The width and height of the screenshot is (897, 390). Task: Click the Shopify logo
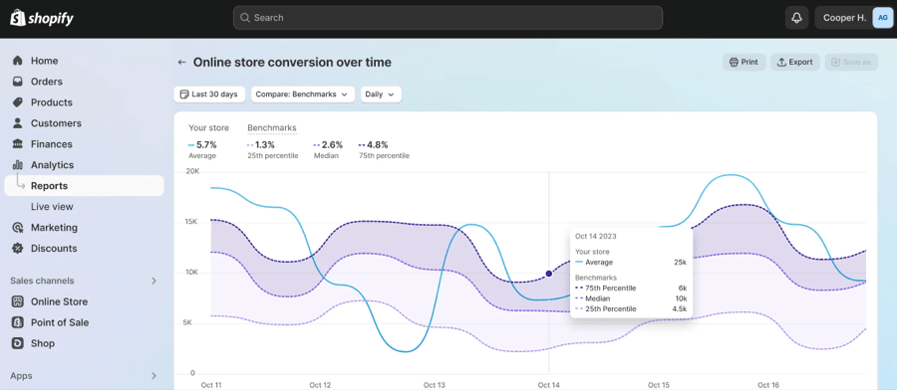[42, 18]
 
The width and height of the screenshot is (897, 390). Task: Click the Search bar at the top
[448, 18]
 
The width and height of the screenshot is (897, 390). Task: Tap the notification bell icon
[796, 18]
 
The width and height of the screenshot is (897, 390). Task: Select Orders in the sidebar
[46, 82]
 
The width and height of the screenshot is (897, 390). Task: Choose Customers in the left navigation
[56, 123]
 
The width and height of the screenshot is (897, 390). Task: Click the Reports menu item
[49, 186]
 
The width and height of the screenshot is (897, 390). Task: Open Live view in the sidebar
[52, 207]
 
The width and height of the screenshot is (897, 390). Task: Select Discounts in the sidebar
[54, 249]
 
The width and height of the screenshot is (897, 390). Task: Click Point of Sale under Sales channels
[60, 322]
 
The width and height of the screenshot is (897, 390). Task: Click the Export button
[794, 62]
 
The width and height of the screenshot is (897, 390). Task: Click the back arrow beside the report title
[181, 62]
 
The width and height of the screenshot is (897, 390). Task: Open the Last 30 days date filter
[209, 95]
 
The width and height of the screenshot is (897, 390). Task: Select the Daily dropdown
[381, 95]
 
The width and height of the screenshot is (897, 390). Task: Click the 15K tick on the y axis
[192, 221]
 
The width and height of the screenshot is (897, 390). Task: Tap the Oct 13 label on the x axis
[435, 384]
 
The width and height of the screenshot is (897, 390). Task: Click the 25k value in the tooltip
[680, 262]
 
